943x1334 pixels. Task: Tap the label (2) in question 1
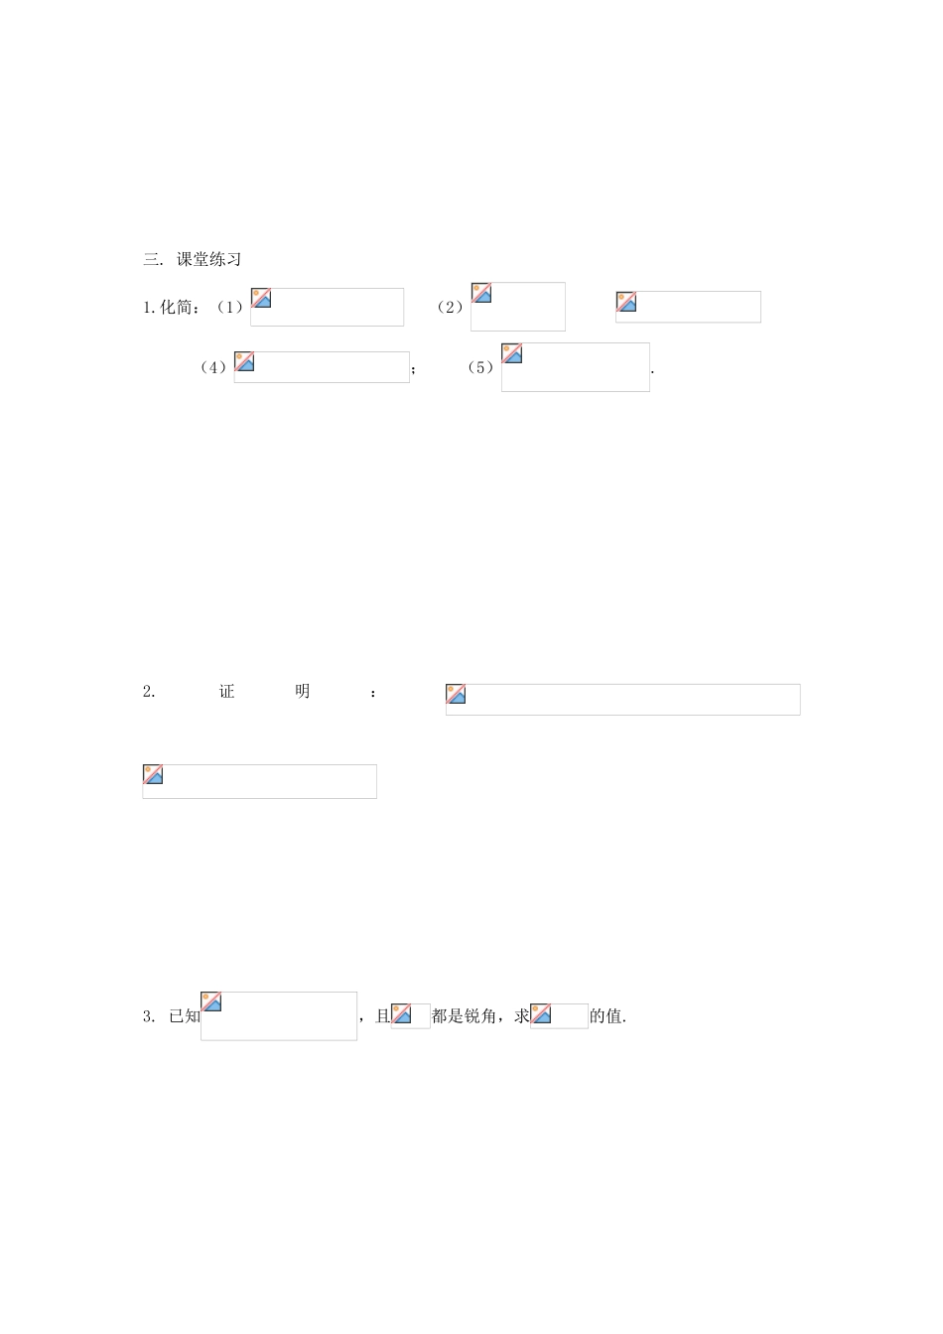tap(451, 308)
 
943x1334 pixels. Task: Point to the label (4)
tap(213, 368)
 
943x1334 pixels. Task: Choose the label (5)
tap(480, 368)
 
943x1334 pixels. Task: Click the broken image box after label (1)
tap(327, 307)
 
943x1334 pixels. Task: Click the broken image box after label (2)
tap(517, 307)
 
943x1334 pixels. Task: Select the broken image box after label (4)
tap(322, 367)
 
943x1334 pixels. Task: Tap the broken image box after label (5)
tap(575, 367)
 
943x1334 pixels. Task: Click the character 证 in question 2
tap(226, 692)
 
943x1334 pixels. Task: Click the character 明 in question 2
tap(302, 692)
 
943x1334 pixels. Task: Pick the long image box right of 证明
tap(622, 699)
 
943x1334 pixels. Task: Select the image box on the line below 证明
tap(259, 781)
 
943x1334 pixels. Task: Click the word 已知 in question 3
tap(185, 1016)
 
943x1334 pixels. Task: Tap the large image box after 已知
tap(278, 1015)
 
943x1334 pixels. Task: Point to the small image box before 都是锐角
tap(410, 1015)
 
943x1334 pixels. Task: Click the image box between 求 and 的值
tap(559, 1015)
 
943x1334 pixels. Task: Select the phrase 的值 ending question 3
tap(606, 1016)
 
